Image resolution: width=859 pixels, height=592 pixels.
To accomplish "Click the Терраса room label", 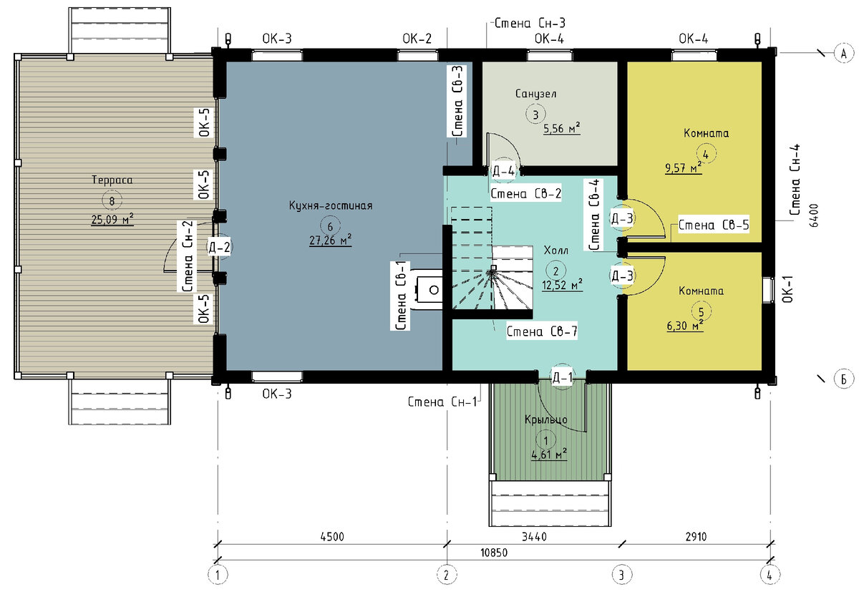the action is click(x=112, y=180).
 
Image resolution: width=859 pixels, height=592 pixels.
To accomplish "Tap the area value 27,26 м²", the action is click(x=330, y=241).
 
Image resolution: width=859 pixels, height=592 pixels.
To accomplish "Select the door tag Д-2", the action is click(x=219, y=247).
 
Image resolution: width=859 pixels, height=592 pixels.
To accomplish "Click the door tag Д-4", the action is click(x=503, y=171).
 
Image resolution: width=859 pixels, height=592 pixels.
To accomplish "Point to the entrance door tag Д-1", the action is click(x=562, y=378).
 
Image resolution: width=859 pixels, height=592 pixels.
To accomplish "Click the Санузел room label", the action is click(x=535, y=94).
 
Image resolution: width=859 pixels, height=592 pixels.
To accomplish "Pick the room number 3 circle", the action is click(x=535, y=115).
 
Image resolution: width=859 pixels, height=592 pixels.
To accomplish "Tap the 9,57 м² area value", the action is click(x=684, y=168).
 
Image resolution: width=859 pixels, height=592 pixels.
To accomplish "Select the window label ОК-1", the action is click(x=787, y=289).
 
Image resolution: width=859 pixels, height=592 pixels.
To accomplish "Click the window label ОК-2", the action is click(x=417, y=39).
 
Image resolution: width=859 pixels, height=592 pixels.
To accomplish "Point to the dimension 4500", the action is click(x=332, y=537).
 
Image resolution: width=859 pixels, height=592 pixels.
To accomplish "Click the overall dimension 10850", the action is click(x=494, y=553).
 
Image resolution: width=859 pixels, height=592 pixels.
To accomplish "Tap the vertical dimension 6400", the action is click(x=814, y=215).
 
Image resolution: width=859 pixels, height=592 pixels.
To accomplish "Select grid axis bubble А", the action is click(x=844, y=53).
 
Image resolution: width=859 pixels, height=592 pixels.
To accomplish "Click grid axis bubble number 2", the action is click(x=447, y=575).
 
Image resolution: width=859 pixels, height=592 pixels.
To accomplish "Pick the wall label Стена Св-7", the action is click(x=542, y=331).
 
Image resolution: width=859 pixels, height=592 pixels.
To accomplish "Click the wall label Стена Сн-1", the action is click(x=442, y=402).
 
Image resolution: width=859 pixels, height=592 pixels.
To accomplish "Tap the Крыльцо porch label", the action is click(x=545, y=419).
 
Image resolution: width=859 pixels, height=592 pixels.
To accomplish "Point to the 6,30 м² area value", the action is click(x=685, y=326).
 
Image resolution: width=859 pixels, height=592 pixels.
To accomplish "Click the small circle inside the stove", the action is click(x=434, y=290).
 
